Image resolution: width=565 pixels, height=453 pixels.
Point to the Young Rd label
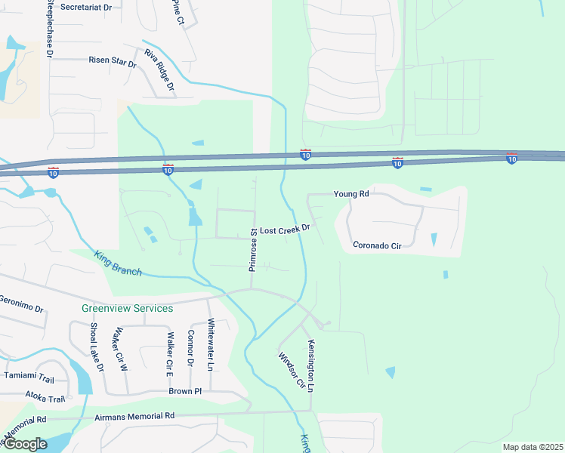[353, 194]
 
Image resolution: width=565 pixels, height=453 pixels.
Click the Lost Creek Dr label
[285, 228]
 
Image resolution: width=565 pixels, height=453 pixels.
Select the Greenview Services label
[127, 308]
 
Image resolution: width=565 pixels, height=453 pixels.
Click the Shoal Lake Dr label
[95, 347]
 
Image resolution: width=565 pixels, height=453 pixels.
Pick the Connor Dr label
[190, 349]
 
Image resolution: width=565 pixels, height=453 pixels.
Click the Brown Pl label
[185, 392]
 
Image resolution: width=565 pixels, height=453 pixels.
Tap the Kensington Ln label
[310, 365]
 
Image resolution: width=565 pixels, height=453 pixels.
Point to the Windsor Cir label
[291, 371]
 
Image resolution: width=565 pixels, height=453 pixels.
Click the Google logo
[24, 444]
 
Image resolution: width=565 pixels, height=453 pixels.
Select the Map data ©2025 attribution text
[533, 447]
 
